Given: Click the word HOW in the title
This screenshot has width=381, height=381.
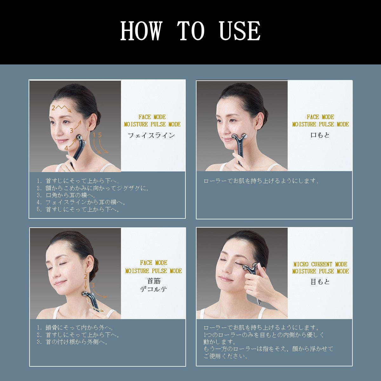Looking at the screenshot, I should click(x=141, y=31).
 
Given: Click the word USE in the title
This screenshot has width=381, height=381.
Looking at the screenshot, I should click(x=240, y=31).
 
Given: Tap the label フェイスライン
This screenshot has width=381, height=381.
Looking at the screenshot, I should click(x=151, y=135).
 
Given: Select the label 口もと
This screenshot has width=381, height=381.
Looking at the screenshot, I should click(x=320, y=135).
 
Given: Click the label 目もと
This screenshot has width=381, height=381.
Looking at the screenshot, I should click(x=320, y=282).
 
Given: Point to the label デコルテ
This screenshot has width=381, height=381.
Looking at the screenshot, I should click(x=153, y=289).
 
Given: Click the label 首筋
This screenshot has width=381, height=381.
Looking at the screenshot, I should click(x=153, y=281).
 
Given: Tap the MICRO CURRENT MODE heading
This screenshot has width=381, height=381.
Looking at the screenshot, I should click(x=320, y=264).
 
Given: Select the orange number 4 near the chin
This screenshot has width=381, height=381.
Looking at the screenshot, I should click(x=66, y=148).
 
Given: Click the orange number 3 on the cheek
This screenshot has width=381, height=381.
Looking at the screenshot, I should click(x=72, y=130).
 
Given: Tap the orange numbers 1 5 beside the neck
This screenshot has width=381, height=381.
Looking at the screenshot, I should click(x=97, y=135).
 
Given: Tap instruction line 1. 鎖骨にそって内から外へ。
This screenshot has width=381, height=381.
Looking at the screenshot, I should click(x=75, y=328).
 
